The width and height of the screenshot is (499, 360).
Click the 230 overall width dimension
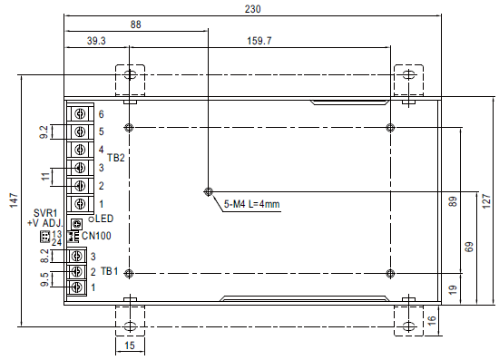[252, 9]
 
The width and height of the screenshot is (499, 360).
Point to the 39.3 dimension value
[96, 41]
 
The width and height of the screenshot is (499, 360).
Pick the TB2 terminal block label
[115, 158]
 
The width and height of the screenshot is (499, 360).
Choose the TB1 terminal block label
[110, 271]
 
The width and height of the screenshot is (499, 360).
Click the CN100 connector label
[97, 236]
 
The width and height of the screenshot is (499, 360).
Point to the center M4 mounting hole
[209, 191]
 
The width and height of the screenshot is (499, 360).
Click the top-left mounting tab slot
[130, 75]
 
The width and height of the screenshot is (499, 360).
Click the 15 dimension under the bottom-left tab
[129, 346]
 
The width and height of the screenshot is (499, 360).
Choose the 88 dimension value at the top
[136, 25]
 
